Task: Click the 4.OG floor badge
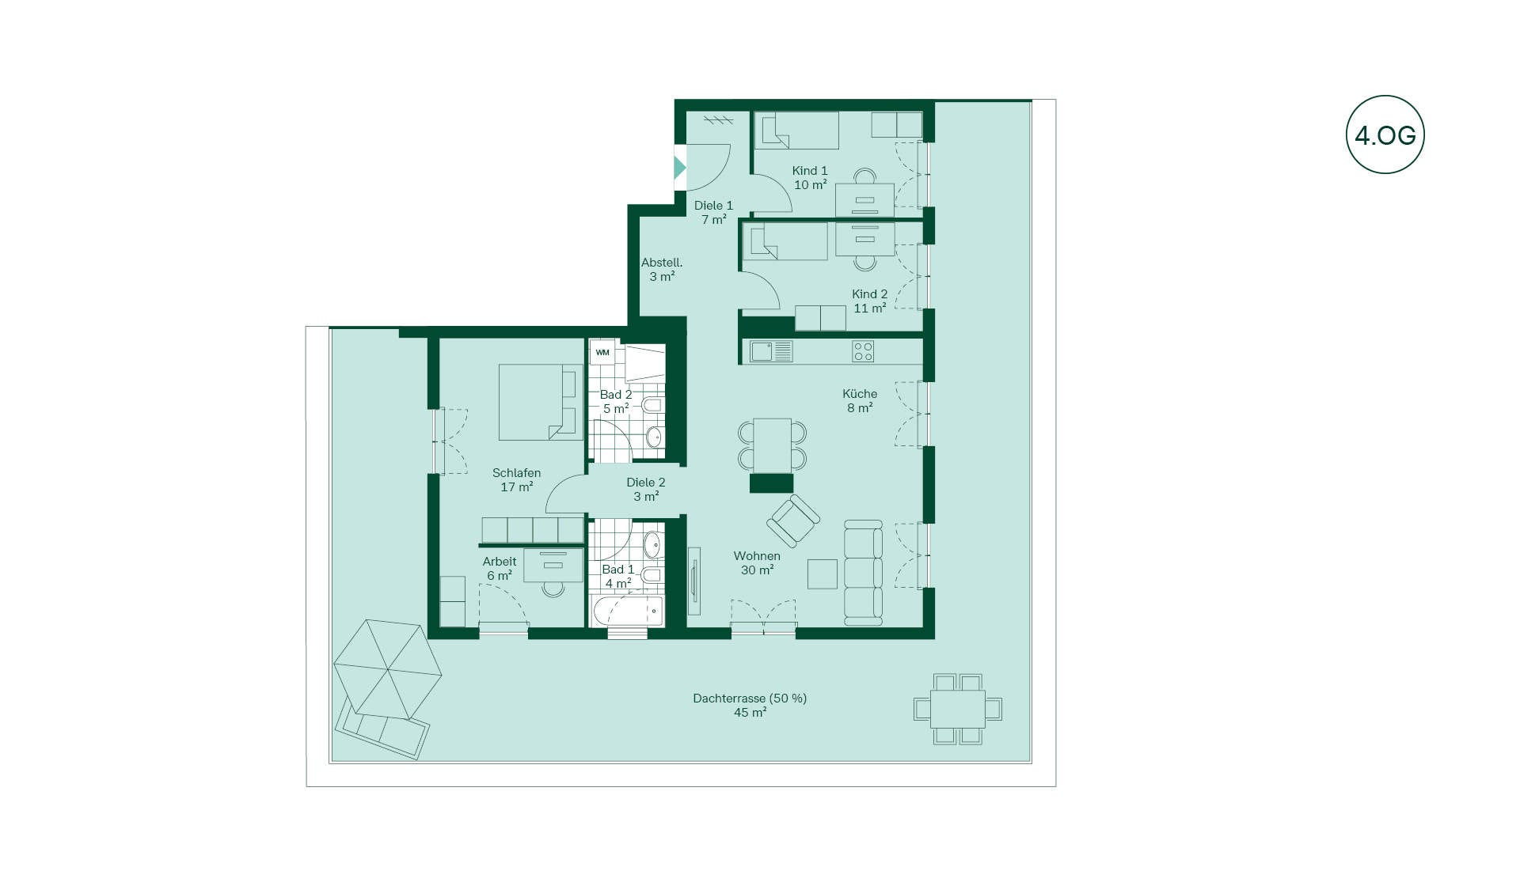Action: coord(1385,134)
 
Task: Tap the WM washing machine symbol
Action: coord(602,352)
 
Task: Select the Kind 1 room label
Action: coord(810,177)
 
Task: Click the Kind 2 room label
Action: coord(869,301)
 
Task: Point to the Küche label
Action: coord(860,400)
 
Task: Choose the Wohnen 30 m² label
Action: coord(757,562)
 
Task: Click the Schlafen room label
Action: coord(516,479)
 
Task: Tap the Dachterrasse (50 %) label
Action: coord(750,705)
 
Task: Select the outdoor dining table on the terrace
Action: coord(958,709)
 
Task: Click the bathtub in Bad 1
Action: coord(627,611)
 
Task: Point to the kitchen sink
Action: coord(771,351)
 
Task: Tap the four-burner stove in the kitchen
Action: coord(863,351)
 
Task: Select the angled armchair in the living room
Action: coord(793,521)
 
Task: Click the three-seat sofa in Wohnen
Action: coord(863,573)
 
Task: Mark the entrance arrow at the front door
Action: coord(679,168)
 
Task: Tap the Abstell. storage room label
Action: coord(662,269)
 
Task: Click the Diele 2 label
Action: coord(646,489)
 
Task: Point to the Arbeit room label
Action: coord(500,568)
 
